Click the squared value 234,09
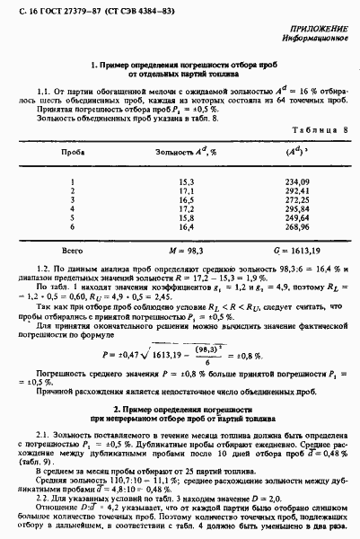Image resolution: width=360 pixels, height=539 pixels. pyautogui.click(x=297, y=181)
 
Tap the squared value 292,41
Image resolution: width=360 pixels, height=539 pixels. pyautogui.click(x=297, y=191)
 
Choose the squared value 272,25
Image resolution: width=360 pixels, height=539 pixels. pyautogui.click(x=297, y=200)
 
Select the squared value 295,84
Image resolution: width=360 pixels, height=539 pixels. pyautogui.click(x=297, y=210)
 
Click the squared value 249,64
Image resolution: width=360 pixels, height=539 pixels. pyautogui.click(x=297, y=219)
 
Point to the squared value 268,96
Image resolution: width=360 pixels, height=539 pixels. pyautogui.click(x=297, y=229)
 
